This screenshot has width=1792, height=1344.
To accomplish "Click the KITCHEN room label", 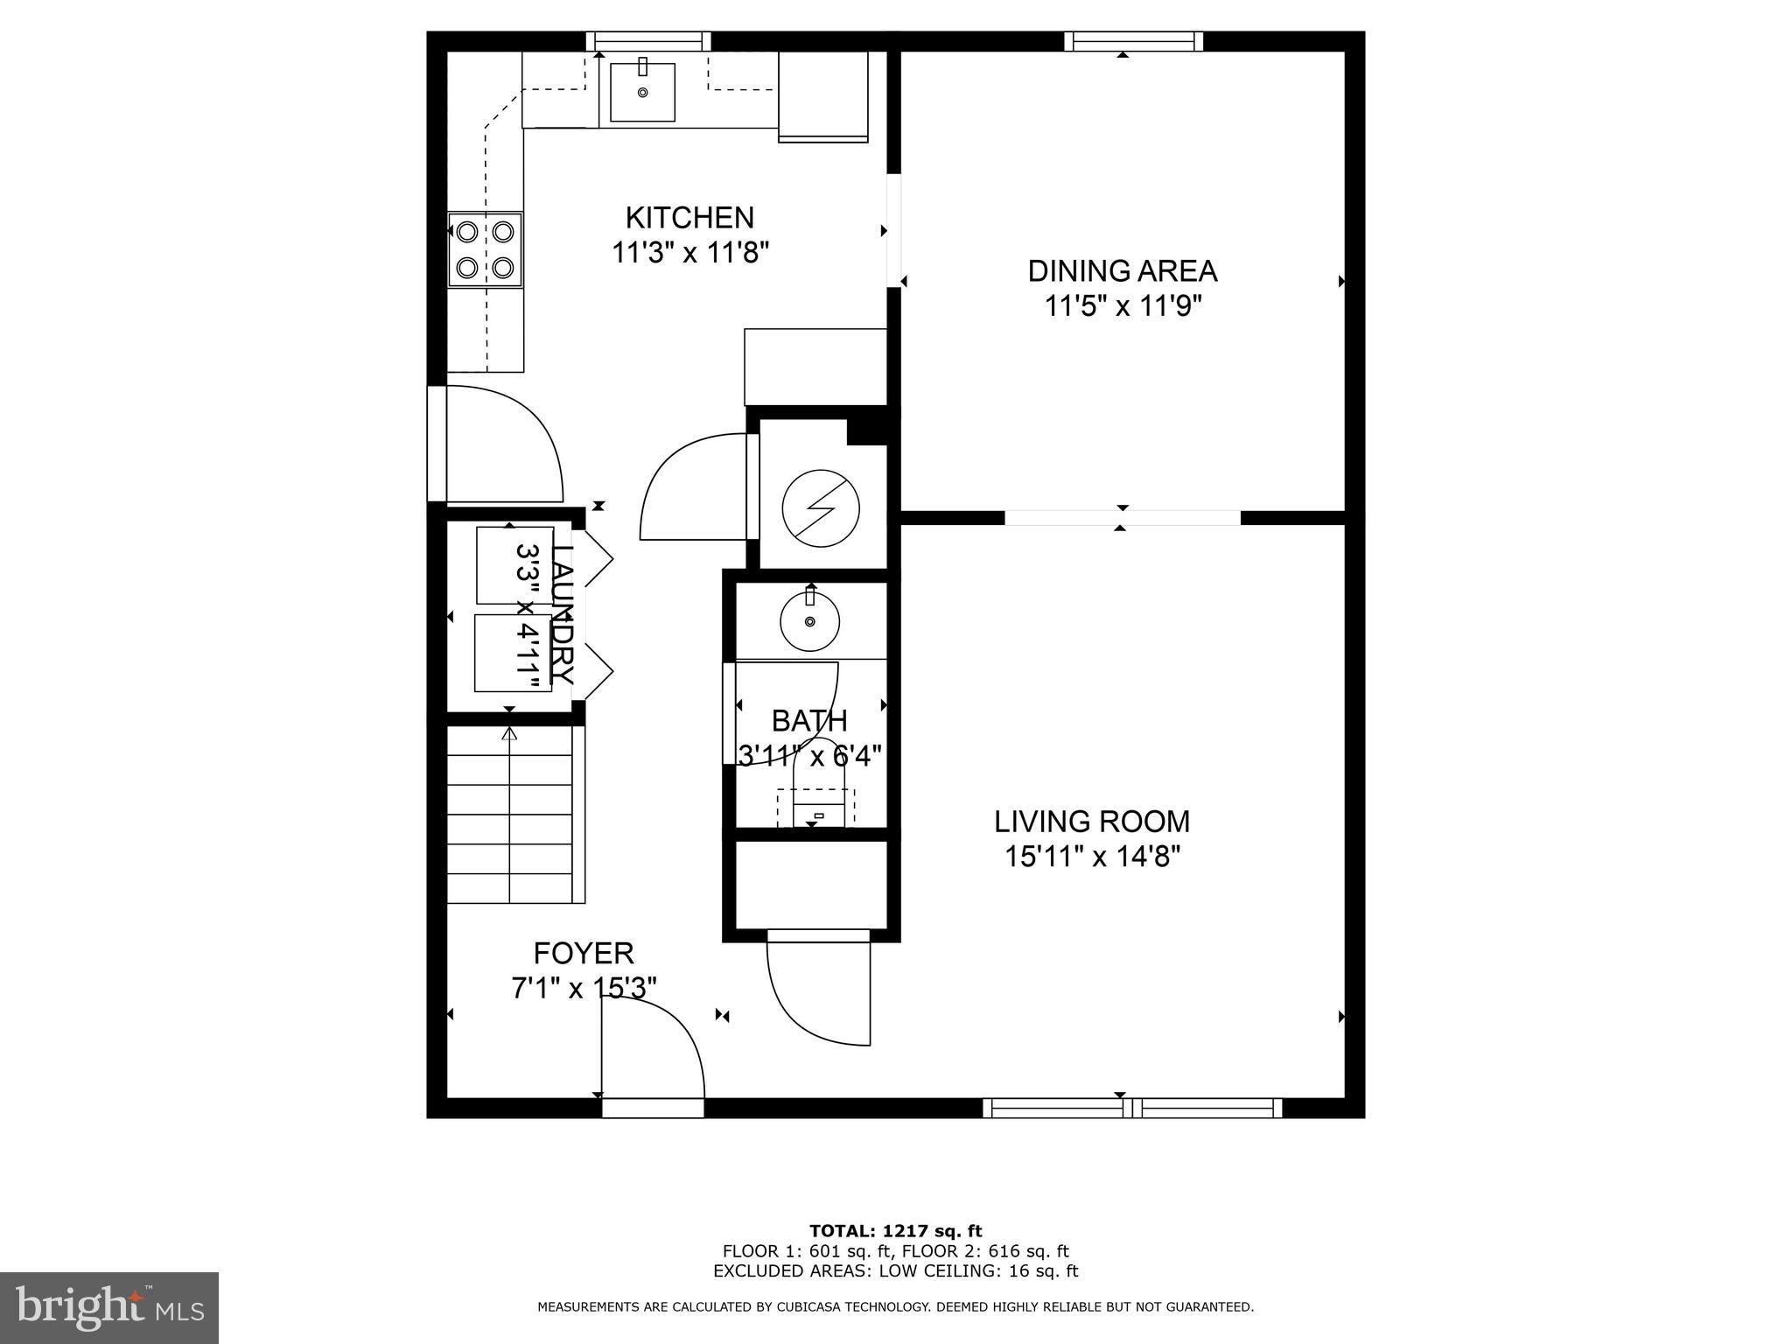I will tap(689, 217).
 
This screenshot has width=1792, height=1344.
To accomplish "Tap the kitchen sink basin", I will tap(642, 92).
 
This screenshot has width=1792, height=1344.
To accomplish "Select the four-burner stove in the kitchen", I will tap(485, 249).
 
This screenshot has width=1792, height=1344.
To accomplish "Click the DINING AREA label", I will tap(1122, 271).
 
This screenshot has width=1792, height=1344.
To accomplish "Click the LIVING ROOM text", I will tap(1092, 822).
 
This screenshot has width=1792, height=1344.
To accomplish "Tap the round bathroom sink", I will tap(809, 620).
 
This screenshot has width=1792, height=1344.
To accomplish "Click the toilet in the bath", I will tap(819, 787).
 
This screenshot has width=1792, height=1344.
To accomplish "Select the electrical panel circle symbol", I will tap(821, 508).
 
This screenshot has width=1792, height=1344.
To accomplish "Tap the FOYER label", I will tap(584, 953).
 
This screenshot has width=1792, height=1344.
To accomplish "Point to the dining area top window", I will tap(1133, 41).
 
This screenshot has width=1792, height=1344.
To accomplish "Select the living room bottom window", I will tap(1132, 1109).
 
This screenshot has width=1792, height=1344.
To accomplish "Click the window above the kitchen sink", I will tap(647, 41).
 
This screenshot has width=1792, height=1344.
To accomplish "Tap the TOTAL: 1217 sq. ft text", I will tap(895, 1231).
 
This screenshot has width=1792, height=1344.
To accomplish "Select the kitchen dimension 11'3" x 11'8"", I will tap(689, 254).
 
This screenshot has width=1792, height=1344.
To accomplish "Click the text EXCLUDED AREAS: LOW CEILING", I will tap(895, 1271).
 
